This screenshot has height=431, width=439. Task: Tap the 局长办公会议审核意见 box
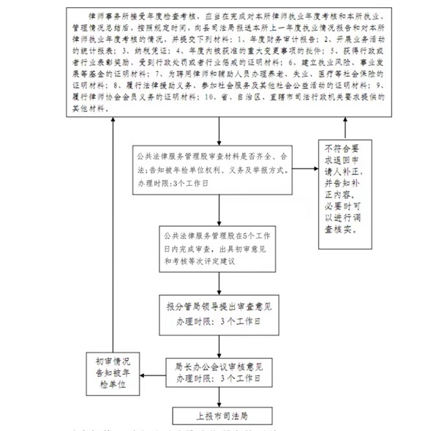219,372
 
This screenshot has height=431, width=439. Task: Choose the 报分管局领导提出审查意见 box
219,313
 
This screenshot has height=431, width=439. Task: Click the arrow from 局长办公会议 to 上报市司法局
219,397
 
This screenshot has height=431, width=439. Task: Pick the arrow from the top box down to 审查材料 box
219,131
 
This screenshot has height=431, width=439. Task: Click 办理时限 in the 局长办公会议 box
187,379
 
